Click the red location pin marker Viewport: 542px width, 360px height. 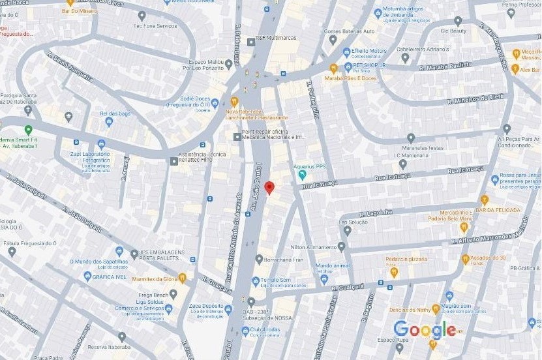270,187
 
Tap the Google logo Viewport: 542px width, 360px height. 424,329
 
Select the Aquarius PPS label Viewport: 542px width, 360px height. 310,167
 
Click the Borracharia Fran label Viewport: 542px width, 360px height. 284,259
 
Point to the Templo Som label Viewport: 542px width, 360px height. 279,280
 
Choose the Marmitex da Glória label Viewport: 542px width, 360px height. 155,278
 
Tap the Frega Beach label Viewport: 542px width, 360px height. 151,295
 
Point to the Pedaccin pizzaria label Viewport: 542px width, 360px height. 406,259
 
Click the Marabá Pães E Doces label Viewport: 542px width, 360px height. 351,78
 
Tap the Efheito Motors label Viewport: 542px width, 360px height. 369,50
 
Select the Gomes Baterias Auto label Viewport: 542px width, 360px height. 349,31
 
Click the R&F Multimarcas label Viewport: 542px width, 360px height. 276,38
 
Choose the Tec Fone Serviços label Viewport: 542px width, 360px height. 155,26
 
